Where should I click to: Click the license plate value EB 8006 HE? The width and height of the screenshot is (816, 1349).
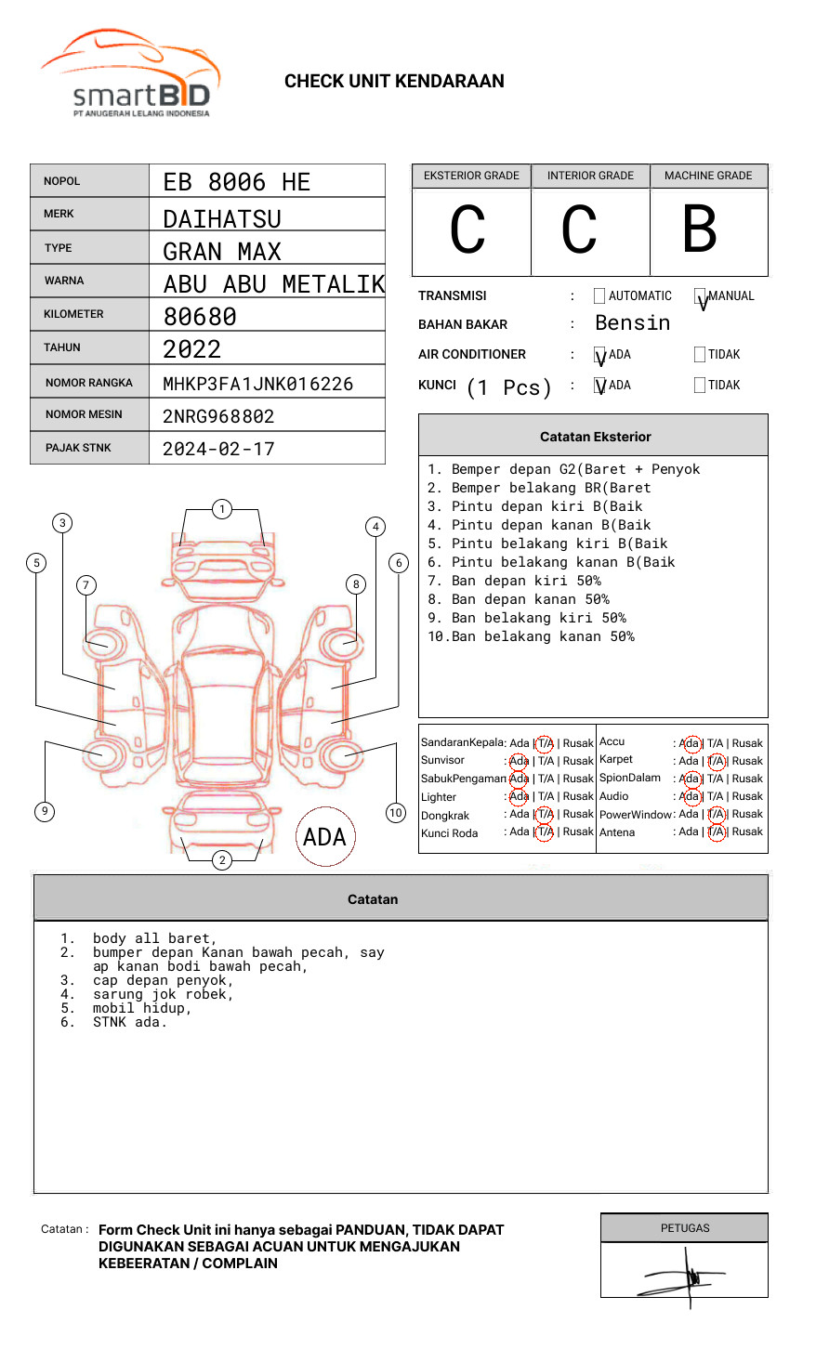237,182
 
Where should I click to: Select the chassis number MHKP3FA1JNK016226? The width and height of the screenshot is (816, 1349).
257,384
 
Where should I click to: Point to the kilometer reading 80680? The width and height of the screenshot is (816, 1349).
200,317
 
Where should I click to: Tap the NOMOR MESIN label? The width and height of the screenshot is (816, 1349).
84,414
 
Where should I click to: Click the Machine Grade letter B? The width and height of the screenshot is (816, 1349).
699,229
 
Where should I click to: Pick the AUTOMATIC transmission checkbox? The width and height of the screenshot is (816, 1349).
599,296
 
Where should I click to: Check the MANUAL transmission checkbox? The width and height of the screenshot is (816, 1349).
700,296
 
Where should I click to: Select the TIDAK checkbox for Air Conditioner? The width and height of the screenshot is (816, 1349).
700,354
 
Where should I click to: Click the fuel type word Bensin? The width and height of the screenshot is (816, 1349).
632,323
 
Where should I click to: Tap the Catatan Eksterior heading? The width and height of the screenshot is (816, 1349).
595,437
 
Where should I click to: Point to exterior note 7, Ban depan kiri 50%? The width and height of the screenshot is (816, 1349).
514,581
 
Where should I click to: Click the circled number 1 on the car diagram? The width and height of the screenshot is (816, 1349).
221,509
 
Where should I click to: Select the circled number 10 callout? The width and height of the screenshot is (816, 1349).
396,813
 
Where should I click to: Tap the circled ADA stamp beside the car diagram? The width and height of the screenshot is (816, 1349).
325,837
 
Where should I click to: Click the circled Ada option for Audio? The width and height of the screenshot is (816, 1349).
690,796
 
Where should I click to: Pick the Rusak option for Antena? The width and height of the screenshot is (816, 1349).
747,832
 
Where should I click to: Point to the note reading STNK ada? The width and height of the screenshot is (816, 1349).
129,1022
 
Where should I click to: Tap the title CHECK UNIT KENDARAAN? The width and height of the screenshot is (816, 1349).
394,82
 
